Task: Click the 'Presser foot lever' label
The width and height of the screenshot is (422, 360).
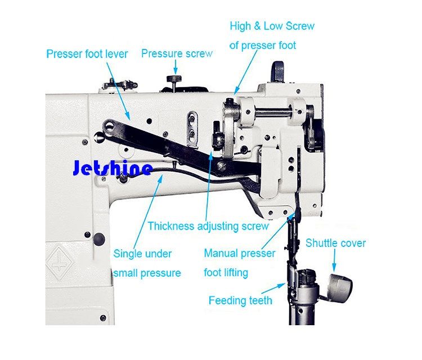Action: tap(87, 54)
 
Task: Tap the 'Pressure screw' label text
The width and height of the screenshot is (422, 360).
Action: tap(177, 53)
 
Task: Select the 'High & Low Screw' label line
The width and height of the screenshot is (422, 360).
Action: tap(272, 26)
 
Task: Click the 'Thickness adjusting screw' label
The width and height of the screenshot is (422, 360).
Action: tap(208, 226)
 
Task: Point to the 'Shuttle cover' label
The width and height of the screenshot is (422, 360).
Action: tap(335, 243)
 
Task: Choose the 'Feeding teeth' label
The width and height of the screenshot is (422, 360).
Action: tap(240, 300)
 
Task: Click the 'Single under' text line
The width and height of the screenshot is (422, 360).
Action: tap(142, 254)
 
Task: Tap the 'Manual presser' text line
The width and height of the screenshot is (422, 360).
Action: tap(240, 254)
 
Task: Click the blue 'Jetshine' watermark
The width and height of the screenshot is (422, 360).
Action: tap(113, 168)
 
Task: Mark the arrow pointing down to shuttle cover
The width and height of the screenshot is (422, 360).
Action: tap(335, 260)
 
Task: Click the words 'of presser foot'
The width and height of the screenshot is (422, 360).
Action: tap(263, 45)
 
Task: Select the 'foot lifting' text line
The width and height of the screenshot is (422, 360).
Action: tap(226, 273)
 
